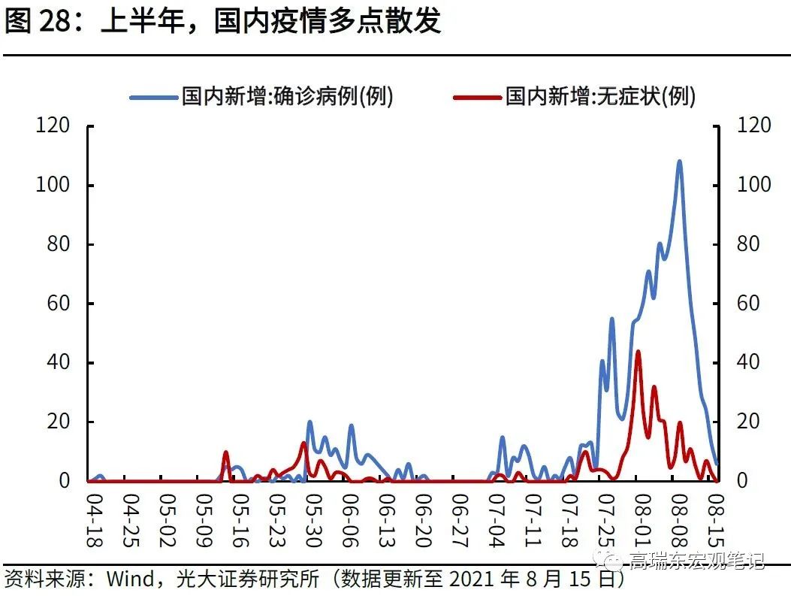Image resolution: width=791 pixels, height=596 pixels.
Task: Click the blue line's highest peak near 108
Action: [x=679, y=161]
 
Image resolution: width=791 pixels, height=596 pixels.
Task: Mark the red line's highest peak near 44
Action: [x=638, y=351]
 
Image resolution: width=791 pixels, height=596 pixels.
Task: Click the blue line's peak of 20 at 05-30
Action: [x=309, y=422]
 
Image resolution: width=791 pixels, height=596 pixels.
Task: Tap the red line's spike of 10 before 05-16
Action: [x=225, y=452]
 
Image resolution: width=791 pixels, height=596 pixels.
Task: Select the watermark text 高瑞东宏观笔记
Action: [x=696, y=560]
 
